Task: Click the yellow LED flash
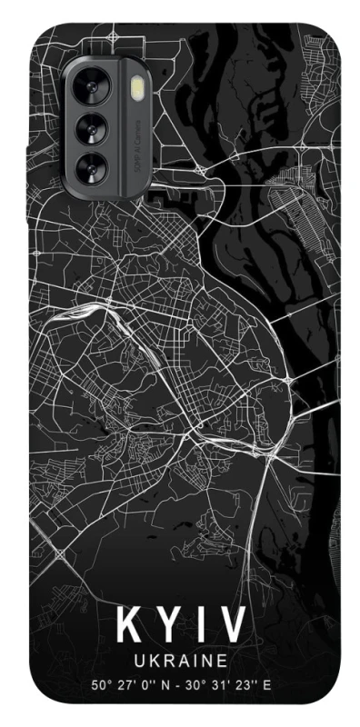[138, 89]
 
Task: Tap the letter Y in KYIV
[165, 627]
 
